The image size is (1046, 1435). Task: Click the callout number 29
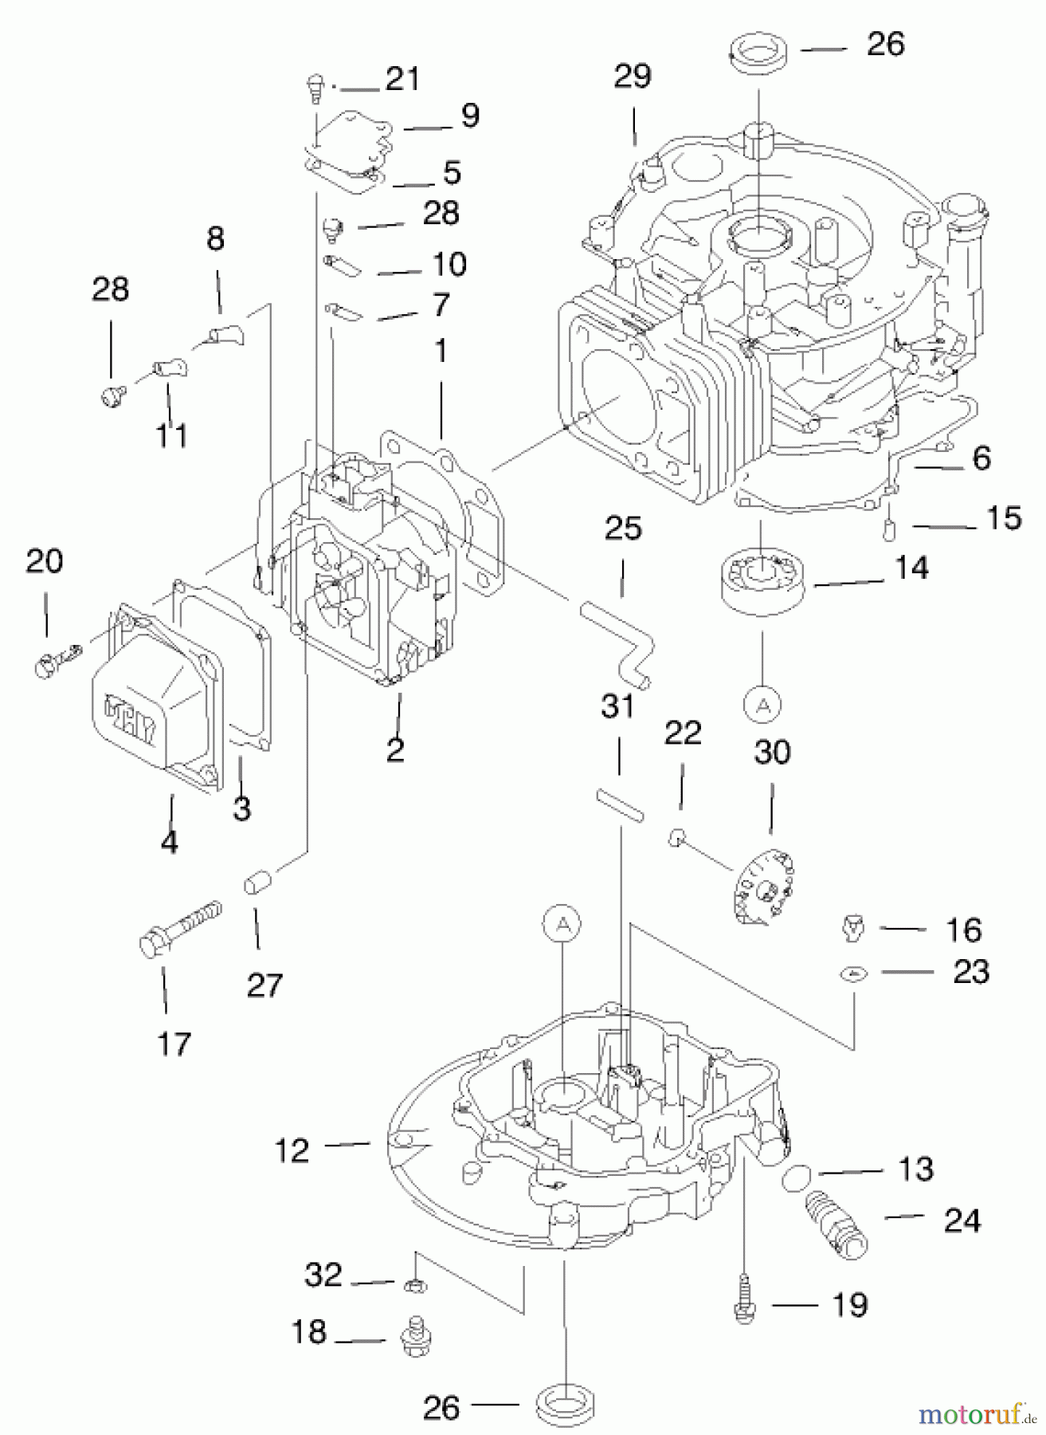click(x=633, y=77)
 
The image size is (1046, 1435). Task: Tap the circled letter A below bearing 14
click(x=762, y=704)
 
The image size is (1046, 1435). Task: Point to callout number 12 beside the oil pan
click(x=292, y=1150)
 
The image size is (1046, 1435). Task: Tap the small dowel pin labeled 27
click(x=258, y=884)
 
